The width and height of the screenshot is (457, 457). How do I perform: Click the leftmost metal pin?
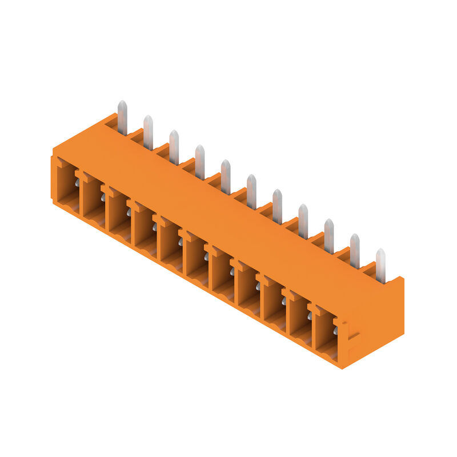pyautogui.click(x=122, y=117)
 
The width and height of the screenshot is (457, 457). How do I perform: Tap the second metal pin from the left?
pyautogui.click(x=148, y=132)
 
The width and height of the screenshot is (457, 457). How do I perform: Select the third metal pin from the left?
pyautogui.click(x=174, y=147)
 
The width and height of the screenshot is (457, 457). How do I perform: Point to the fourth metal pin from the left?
pyautogui.click(x=200, y=162)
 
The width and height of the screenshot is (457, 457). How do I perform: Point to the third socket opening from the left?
pyautogui.click(x=119, y=217)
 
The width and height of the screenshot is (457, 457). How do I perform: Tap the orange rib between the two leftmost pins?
pyautogui.click(x=136, y=135)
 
